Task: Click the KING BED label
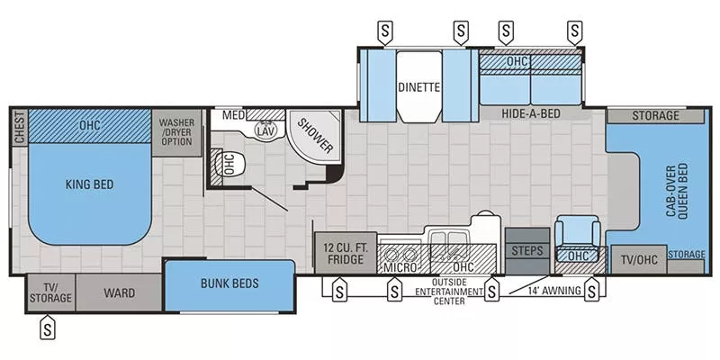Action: [90, 184]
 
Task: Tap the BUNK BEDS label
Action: [229, 283]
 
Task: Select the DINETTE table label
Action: [418, 88]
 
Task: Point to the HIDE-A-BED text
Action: [532, 114]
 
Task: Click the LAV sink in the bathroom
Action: [265, 130]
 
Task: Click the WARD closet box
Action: [118, 292]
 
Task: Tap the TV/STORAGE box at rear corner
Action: [49, 292]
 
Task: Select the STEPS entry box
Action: [526, 250]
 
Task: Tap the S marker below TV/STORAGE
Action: [47, 329]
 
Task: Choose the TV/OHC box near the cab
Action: [638, 259]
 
